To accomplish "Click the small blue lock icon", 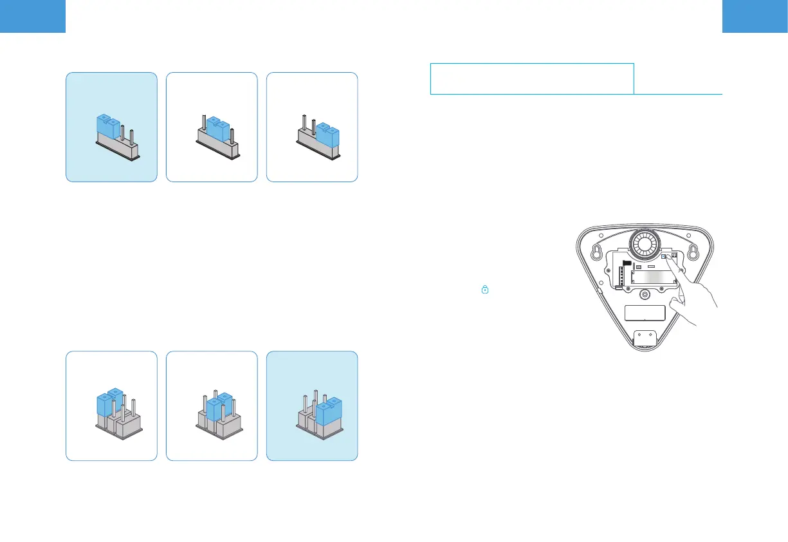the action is coord(485,291).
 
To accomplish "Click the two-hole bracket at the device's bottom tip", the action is coord(646,338).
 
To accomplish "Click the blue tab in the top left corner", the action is coord(33,16).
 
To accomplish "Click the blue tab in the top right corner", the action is coord(755,16).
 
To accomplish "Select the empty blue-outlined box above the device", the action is coord(531,79).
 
